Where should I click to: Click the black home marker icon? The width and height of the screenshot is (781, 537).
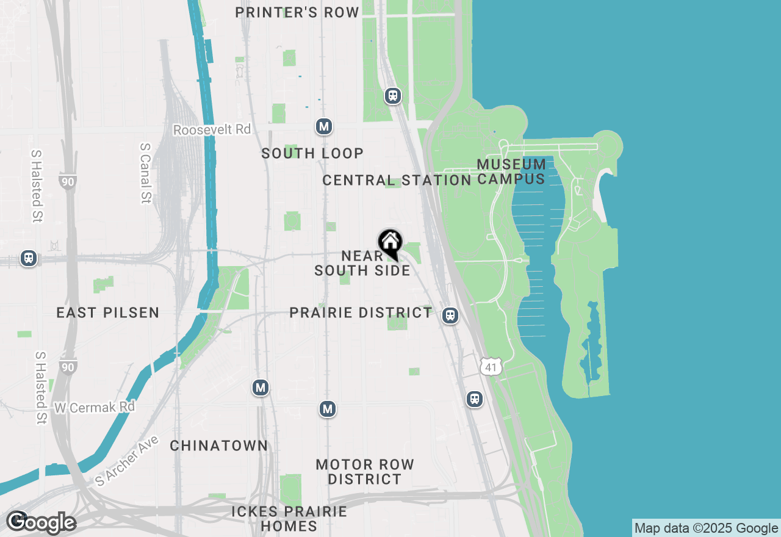tap(390, 243)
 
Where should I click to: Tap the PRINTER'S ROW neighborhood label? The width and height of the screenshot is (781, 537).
tap(297, 13)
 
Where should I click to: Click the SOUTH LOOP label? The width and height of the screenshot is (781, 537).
tap(312, 153)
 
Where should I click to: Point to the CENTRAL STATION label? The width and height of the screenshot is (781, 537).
tap(397, 180)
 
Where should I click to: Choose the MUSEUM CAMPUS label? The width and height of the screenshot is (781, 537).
tap(511, 171)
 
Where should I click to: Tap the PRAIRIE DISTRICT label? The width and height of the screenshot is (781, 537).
tap(361, 313)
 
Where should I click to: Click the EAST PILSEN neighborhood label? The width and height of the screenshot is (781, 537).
tap(108, 313)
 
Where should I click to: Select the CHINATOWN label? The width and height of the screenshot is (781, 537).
tap(219, 446)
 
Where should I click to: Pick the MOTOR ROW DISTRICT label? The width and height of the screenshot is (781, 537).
tap(365, 472)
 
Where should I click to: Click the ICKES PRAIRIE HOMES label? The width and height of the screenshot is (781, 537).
tap(289, 519)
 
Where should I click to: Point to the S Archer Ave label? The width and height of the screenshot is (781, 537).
tap(127, 461)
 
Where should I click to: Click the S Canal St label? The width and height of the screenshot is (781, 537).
tap(145, 173)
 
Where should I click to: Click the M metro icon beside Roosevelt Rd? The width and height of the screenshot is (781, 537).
tap(324, 127)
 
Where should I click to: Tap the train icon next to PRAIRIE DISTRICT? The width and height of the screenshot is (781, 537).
tap(450, 315)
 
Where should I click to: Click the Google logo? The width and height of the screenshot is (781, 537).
tap(41, 522)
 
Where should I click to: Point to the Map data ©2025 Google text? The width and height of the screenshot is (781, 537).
tap(705, 528)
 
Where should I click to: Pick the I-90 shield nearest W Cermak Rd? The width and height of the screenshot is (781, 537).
tap(68, 367)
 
